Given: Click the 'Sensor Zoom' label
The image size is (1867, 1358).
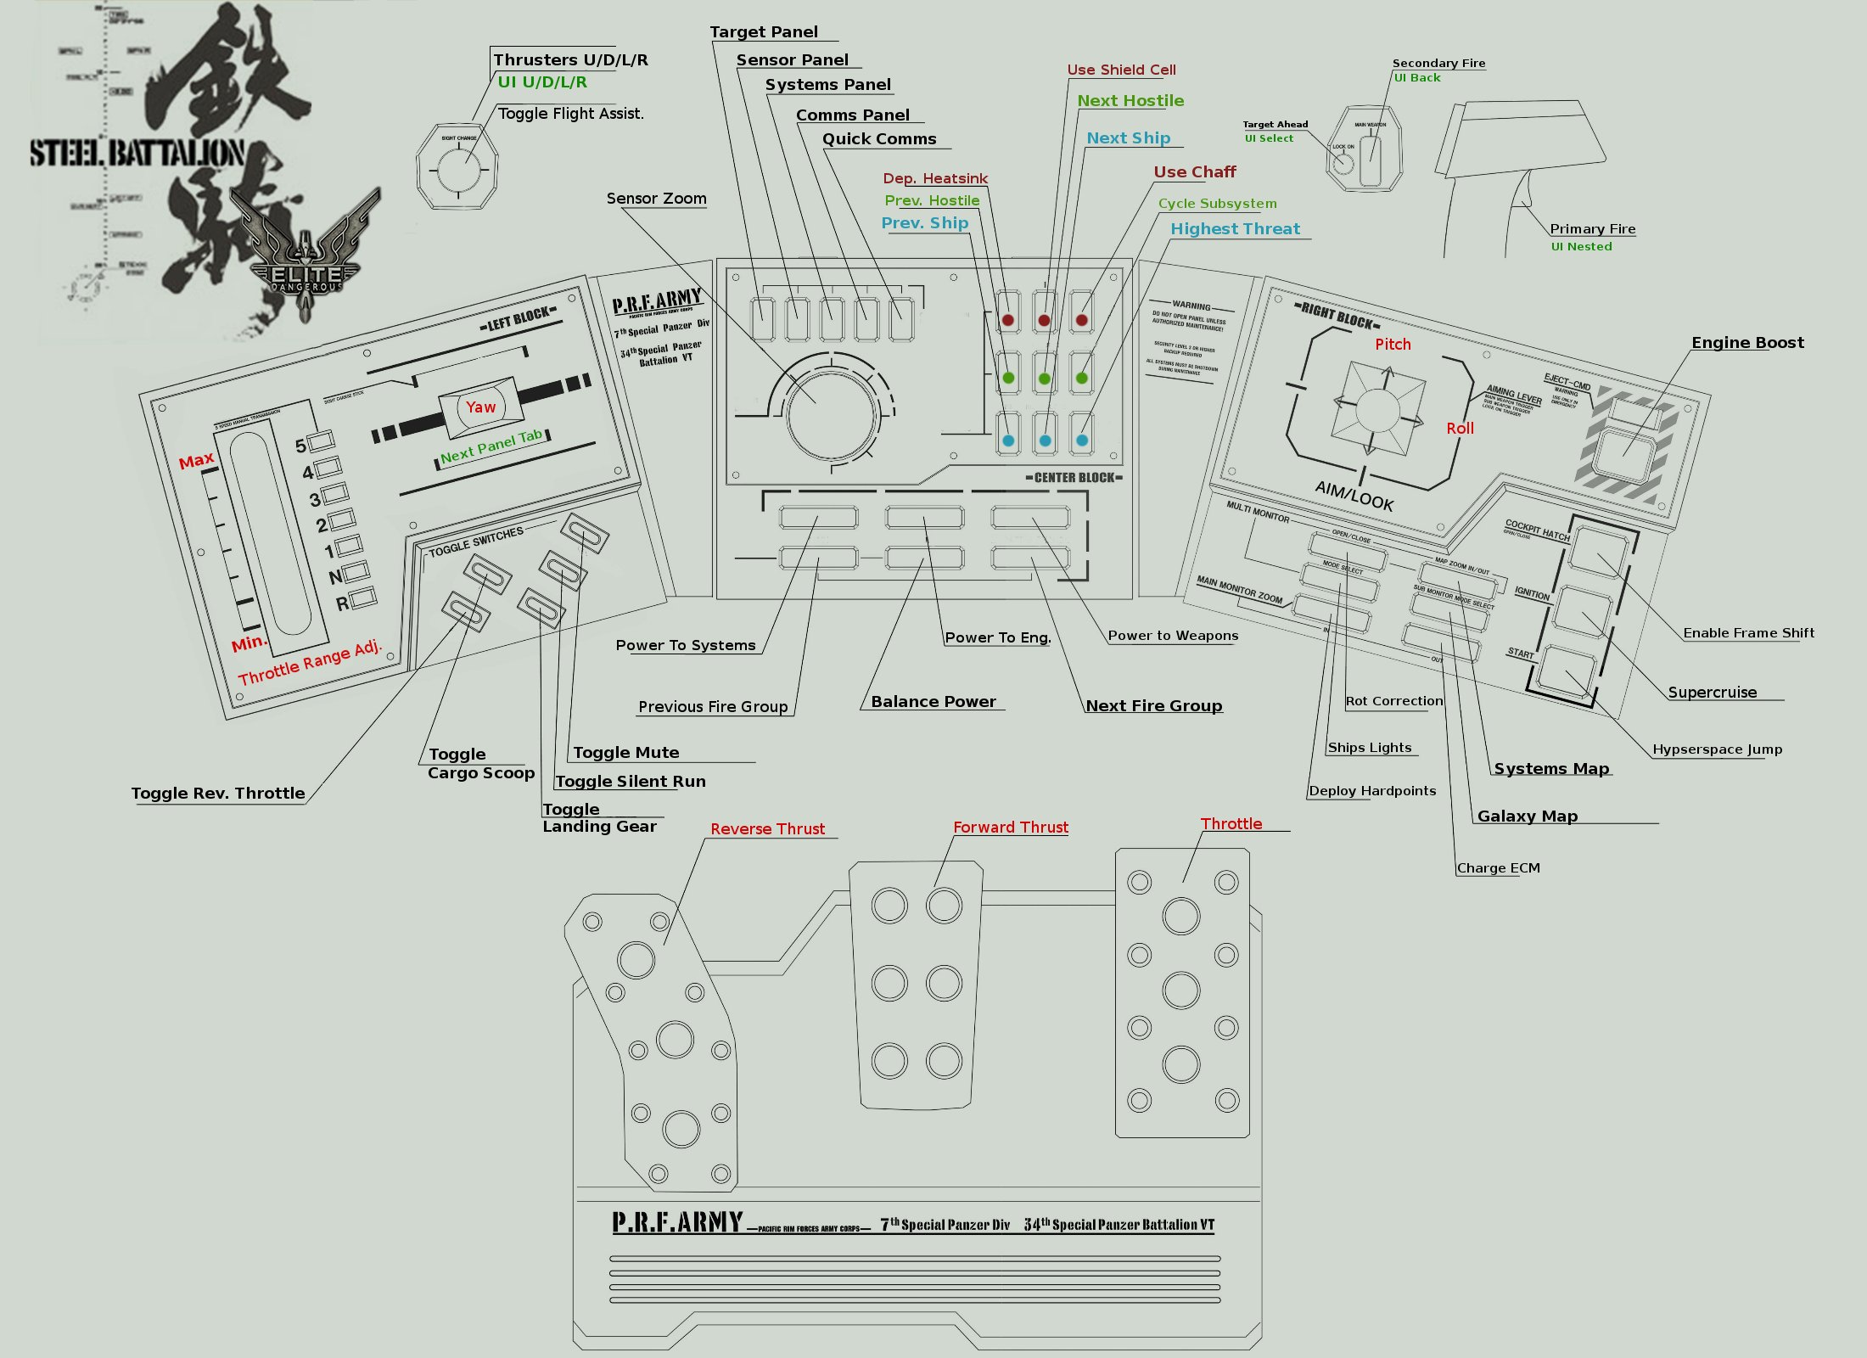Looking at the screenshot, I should click(656, 199).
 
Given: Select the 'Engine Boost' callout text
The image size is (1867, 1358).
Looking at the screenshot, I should click(1747, 343).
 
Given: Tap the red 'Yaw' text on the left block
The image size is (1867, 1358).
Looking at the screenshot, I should click(480, 407).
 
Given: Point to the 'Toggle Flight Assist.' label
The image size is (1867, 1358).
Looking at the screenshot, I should click(570, 114).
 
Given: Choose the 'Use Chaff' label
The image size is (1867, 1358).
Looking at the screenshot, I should click(1194, 172).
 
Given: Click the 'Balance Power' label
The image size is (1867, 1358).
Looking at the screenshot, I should click(933, 702).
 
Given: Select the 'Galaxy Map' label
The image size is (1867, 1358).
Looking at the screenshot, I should click(1527, 816).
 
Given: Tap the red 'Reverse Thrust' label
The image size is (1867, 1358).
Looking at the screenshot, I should click(767, 829).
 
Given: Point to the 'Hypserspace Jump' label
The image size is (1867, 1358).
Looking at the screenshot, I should click(1717, 749).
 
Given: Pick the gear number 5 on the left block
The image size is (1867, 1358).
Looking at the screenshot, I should click(300, 446).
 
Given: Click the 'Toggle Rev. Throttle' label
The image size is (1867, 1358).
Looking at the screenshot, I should click(218, 794).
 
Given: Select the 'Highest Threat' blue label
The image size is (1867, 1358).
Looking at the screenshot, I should click(1235, 229).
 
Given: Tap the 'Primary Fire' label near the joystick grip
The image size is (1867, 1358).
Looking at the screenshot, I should click(1592, 229).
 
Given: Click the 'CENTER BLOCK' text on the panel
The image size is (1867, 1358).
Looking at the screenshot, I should click(1074, 478).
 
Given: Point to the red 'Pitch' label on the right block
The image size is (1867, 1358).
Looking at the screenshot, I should click(1393, 345).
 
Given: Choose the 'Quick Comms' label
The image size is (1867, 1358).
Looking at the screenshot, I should click(878, 139).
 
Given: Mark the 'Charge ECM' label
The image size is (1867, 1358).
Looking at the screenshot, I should click(1498, 868).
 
